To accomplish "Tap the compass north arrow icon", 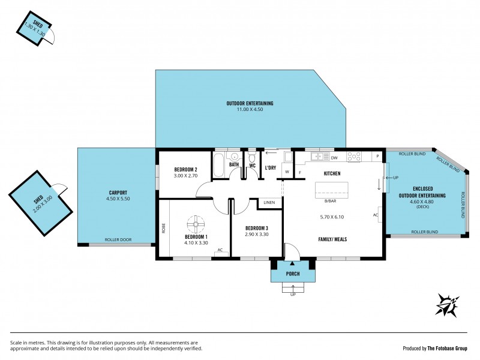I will coord(448,305).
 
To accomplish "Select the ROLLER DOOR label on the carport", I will coord(118,239).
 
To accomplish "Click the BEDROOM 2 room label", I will coord(186,169).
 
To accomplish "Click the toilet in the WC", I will coord(253,160).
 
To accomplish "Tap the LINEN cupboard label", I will coord(269,203).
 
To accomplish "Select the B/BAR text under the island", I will coord(329,201).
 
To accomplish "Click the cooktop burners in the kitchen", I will coord(353,157).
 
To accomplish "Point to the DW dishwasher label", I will coord(334,157).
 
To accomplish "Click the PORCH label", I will coord(293,274).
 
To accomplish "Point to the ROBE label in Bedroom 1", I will coord(163,228).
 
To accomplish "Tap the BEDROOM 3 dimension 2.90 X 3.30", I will coord(256,235).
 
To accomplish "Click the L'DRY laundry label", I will coord(271,167).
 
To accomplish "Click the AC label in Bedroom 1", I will coord(220,250).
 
